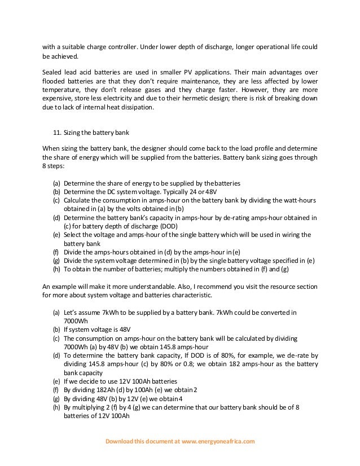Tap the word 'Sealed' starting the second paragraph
point(53,73)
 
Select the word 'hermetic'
point(192,98)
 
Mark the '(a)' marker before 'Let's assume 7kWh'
point(56,312)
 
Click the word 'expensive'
point(59,98)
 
